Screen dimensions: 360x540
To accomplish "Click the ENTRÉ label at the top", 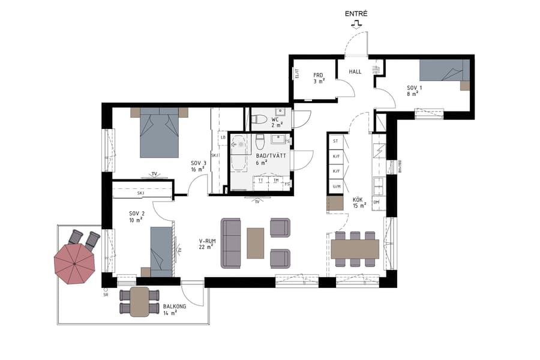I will (x=357, y=13).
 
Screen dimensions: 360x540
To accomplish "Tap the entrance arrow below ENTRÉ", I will (x=357, y=25).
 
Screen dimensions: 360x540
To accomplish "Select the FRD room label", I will (x=318, y=76).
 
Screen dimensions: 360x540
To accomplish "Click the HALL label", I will (x=355, y=71).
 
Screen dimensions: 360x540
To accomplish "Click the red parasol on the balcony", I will (x=74, y=264).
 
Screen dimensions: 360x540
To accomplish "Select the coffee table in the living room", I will (x=255, y=242).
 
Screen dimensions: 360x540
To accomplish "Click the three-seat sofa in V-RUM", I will (x=232, y=243).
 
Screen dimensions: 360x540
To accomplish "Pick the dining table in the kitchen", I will (x=355, y=248).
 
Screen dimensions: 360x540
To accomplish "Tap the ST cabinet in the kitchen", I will (x=336, y=141).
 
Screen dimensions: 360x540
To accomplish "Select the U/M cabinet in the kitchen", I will (x=336, y=187).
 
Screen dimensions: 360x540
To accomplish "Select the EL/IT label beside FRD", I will (x=296, y=74).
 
